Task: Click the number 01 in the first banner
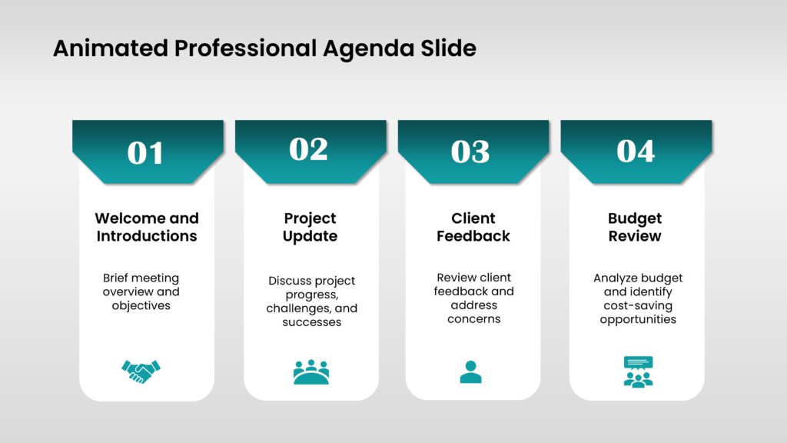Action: [x=145, y=153]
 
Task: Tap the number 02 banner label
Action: [x=308, y=149]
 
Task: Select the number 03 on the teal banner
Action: [x=470, y=152]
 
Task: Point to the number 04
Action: [x=636, y=152]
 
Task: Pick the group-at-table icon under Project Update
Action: [x=310, y=371]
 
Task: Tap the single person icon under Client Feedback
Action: [x=470, y=371]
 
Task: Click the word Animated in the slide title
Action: [x=111, y=49]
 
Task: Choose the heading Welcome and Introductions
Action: [x=147, y=227]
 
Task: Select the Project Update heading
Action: [x=310, y=227]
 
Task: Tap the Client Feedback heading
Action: [x=473, y=227]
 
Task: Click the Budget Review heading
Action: [x=635, y=227]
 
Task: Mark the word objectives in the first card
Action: [x=141, y=306]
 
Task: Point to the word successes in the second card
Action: [x=311, y=322]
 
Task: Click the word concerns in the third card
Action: [x=474, y=319]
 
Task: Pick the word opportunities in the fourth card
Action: [x=638, y=319]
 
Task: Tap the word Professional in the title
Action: [x=245, y=49]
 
